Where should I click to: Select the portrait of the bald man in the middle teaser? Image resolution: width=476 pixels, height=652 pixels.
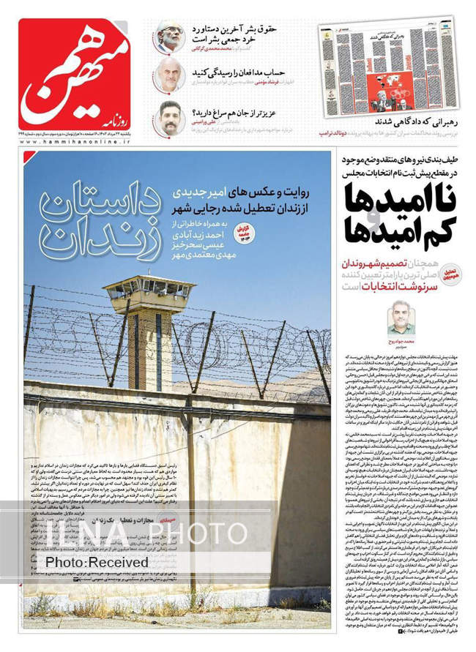pyautogui.click(x=170, y=75)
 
